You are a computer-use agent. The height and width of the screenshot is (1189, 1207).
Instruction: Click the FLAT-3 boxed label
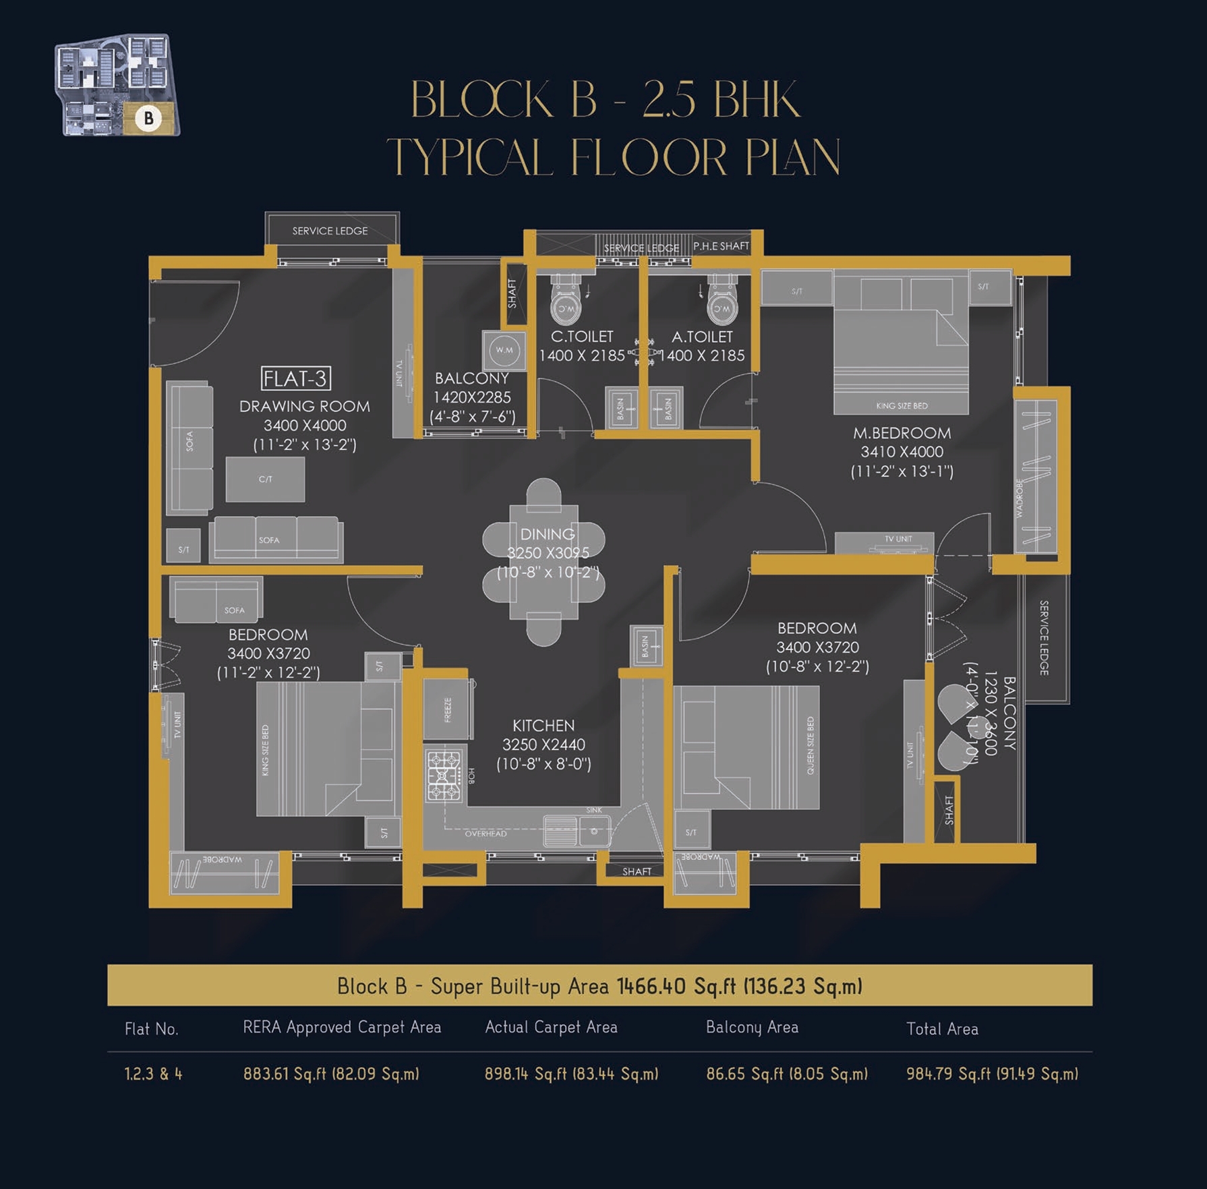pos(295,378)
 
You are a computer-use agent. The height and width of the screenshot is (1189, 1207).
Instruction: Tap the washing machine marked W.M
pos(504,350)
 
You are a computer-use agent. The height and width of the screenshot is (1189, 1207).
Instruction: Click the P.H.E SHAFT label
pos(721,246)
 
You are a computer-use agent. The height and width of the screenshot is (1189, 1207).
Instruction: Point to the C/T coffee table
pos(265,479)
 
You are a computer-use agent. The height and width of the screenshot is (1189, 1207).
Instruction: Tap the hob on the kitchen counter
pos(444,776)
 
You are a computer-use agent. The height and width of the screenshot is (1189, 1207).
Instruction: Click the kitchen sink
pos(577,830)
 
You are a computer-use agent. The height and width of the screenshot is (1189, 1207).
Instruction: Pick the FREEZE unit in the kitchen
pos(447,709)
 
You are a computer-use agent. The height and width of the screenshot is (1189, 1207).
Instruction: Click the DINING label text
pos(548,534)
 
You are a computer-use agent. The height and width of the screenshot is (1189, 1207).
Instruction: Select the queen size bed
pos(746,747)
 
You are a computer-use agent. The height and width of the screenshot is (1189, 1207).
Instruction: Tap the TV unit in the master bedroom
pos(884,541)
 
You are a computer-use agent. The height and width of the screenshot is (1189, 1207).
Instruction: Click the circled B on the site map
pos(148,119)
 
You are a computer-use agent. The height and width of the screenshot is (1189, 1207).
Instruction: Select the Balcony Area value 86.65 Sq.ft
pos(786,1074)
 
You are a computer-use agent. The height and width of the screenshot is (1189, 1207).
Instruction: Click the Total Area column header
pos(941,1029)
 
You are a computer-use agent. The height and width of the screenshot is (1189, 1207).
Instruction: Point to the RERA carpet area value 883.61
pos(331,1074)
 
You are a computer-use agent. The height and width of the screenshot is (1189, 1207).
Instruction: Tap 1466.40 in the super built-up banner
pos(651,986)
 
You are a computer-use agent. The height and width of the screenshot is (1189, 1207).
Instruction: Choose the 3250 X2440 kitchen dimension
pos(543,745)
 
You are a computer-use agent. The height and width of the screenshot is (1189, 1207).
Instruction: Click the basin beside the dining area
pos(646,645)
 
